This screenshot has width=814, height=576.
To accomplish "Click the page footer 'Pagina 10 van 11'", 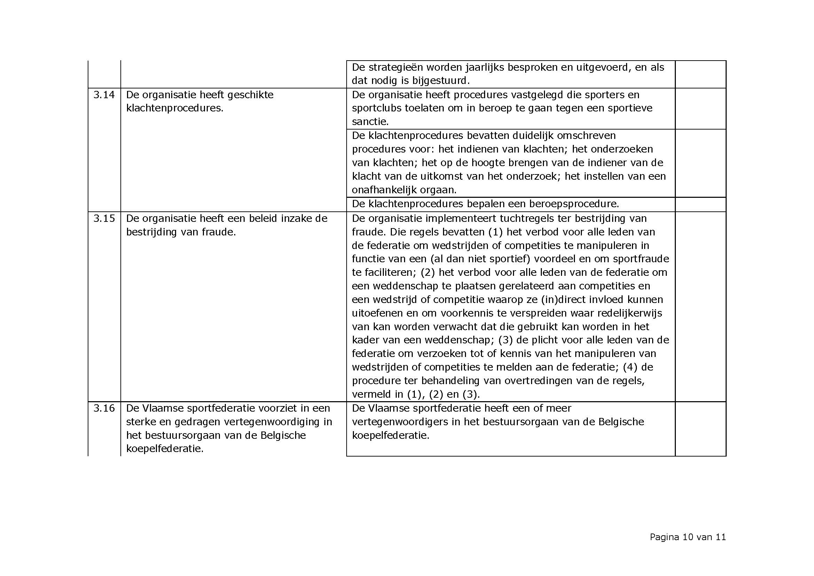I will [x=687, y=537].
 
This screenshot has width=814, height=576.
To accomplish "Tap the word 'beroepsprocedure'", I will [x=573, y=204].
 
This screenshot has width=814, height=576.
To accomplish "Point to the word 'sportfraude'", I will [x=641, y=259].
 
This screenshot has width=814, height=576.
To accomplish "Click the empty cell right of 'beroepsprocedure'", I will [x=701, y=204].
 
